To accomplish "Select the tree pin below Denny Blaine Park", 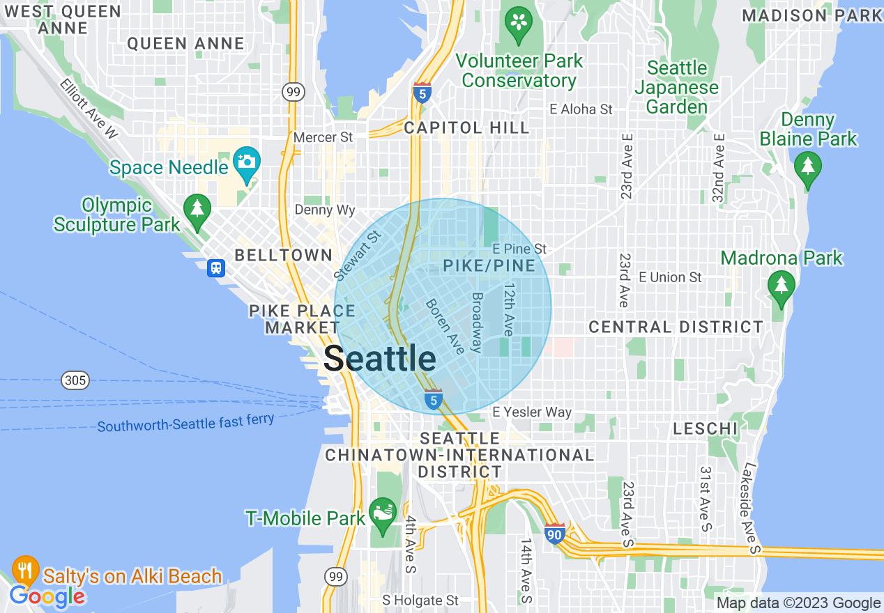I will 808,168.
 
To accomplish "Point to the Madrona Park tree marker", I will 781,286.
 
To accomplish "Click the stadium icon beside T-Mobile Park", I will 383,514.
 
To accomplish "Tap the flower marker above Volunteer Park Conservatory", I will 519,20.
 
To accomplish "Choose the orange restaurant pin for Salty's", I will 25,570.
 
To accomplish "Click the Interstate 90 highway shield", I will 555,534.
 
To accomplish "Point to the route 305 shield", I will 75,380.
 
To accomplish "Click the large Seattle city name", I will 380,359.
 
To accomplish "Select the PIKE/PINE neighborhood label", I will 489,265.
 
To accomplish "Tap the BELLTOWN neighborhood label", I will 284,255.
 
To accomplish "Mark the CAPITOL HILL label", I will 466,127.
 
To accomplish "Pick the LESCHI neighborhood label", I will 705,428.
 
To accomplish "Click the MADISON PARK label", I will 811,15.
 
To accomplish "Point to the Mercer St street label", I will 323,137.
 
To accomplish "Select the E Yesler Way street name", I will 532,412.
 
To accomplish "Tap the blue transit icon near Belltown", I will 216,268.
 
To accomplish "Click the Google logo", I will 47,597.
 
